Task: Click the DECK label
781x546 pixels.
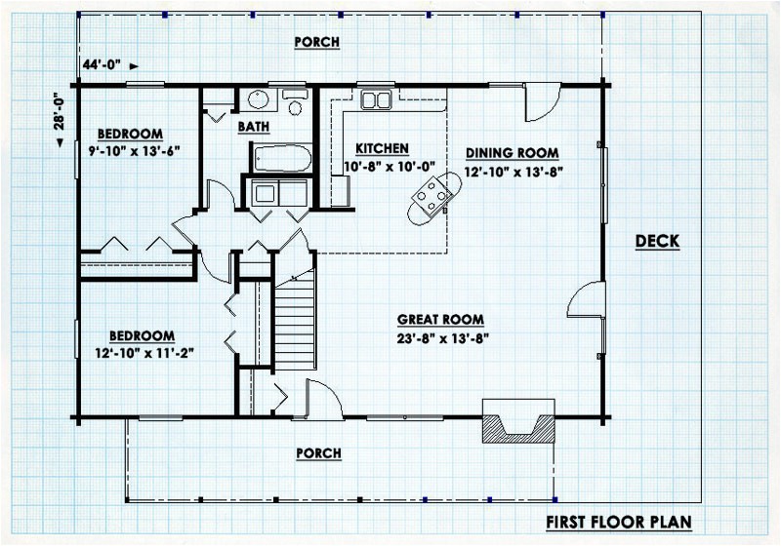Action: coord(657,241)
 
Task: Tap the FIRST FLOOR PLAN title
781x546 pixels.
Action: coord(619,523)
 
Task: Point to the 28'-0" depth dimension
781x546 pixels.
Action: coord(60,111)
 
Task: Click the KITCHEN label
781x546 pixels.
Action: coord(382,148)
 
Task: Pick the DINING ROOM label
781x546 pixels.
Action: coord(512,153)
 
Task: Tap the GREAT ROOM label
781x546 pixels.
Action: coord(440,319)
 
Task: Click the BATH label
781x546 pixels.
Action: coord(254,127)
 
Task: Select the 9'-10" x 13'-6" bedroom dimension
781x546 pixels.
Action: coord(134,151)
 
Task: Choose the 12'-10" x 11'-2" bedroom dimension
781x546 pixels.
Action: coord(144,353)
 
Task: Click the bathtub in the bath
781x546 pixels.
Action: coord(281,158)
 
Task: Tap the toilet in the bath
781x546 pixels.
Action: coord(295,102)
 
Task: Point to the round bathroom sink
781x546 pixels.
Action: coord(259,99)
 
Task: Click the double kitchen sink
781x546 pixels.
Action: coord(376,99)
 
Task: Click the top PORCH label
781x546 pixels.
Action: coord(316,42)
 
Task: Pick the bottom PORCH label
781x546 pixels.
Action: coord(319,453)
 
